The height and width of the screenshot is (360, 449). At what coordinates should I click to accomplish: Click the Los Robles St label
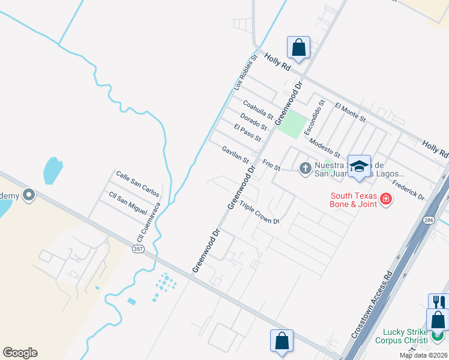coord(245,75)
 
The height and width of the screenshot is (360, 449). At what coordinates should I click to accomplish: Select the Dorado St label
coord(253,122)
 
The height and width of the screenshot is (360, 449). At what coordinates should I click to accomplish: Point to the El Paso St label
coord(247,133)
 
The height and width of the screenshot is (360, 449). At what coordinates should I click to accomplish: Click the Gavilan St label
coord(235,155)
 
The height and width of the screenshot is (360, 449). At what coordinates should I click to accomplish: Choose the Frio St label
coord(271,164)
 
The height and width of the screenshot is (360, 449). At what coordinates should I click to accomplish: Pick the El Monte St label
coord(351,112)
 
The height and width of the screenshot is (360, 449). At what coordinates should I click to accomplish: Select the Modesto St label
coord(325,147)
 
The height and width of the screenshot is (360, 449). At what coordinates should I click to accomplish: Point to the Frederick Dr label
coord(408,189)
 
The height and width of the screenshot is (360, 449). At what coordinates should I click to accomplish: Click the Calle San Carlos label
coord(137,184)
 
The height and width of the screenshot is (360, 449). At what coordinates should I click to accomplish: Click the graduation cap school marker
coord(359,167)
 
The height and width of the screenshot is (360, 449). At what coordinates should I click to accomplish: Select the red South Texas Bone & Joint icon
coord(385,199)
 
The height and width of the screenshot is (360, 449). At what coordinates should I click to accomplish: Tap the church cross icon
coord(304,169)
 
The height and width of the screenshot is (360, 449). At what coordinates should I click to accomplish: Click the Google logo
coord(20,353)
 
